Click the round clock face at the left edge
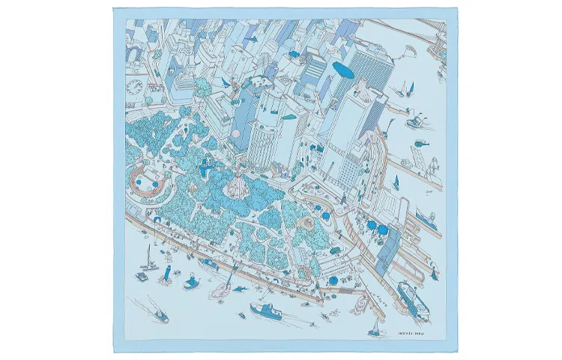pyautogui.click(x=134, y=87)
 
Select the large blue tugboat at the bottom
pyautogui.click(x=265, y=311)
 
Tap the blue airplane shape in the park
pyautogui.click(x=204, y=169)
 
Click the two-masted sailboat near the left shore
pyautogui.click(x=150, y=262)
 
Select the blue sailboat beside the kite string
pyautogui.click(x=409, y=90)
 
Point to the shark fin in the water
pyautogui.click(x=241, y=287)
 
